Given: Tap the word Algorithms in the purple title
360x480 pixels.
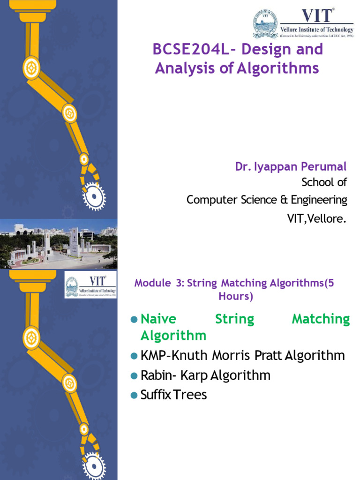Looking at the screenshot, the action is (277, 68).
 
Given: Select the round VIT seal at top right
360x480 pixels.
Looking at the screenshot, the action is (265, 24).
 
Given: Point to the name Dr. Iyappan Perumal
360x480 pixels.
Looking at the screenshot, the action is (291, 166).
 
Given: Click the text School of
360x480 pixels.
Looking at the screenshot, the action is (324, 182).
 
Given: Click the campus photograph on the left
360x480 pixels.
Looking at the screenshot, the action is (59, 244).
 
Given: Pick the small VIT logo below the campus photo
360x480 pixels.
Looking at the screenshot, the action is (90, 285).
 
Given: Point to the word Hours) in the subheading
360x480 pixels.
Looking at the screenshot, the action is (235, 296).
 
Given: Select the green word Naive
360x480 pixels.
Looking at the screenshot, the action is (158, 320).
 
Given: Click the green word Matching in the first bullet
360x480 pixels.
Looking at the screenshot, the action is (321, 320).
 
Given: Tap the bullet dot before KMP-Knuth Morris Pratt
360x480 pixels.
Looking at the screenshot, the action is (134, 356).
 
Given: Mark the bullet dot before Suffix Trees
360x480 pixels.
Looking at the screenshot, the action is (134, 395).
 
